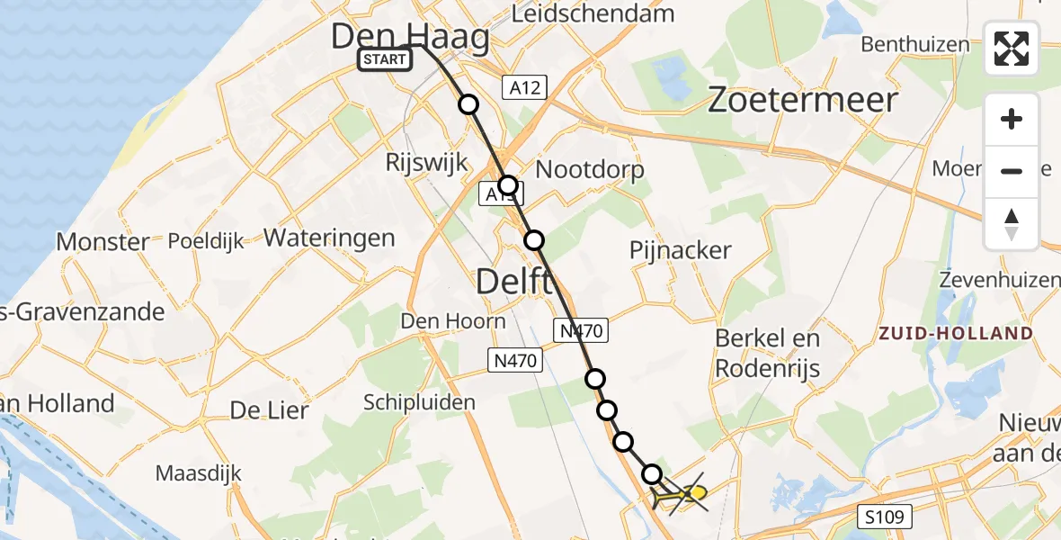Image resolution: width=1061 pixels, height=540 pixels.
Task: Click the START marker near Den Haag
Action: pyautogui.click(x=385, y=59)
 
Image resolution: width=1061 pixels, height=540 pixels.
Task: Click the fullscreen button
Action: pyautogui.click(x=1012, y=49)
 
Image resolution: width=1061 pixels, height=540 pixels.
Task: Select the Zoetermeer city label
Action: pyautogui.click(x=803, y=100)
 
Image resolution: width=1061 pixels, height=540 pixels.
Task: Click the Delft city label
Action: pyautogui.click(x=514, y=282)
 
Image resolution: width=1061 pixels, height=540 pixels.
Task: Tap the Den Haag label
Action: pyautogui.click(x=411, y=37)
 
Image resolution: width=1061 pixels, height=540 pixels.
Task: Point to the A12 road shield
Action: pyautogui.click(x=524, y=86)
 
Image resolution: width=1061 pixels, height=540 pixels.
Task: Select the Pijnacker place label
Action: pyautogui.click(x=681, y=250)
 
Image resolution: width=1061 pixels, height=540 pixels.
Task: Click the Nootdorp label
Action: pyautogui.click(x=590, y=169)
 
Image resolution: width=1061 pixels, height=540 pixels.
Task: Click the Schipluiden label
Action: pyautogui.click(x=420, y=402)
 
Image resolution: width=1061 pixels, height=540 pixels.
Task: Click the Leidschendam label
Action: pyautogui.click(x=593, y=13)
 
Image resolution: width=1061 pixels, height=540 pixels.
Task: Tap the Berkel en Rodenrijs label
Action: pyautogui.click(x=767, y=353)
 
